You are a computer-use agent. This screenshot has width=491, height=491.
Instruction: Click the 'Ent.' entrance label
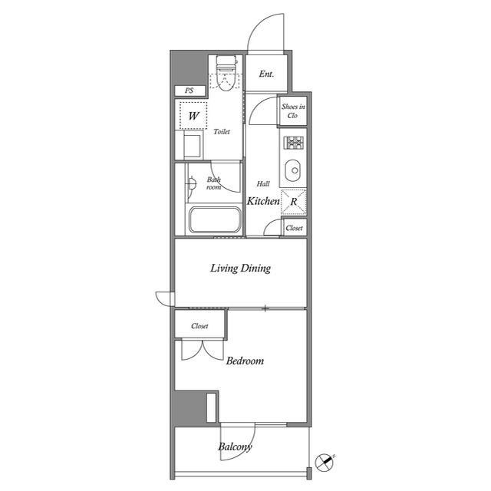point(266,74)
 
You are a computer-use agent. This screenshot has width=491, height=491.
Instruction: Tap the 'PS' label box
point(189,91)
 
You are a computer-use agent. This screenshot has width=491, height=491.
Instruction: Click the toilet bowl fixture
point(226,75)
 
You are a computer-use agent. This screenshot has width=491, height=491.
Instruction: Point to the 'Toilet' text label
point(222,132)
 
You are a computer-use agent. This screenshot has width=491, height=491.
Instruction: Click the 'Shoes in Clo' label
point(292,110)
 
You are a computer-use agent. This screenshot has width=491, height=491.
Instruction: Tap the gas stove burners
point(294,143)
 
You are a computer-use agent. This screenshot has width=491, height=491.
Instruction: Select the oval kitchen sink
point(293,169)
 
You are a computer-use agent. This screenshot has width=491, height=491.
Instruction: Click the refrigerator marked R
point(293,201)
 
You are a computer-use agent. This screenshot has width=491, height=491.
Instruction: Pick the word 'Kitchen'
point(262,201)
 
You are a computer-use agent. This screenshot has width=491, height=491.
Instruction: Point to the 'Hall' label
point(263,183)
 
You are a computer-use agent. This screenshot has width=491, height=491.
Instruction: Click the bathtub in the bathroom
point(215,221)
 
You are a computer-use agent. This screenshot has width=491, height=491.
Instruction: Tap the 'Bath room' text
point(213,183)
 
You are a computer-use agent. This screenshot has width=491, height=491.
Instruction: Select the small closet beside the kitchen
point(294,228)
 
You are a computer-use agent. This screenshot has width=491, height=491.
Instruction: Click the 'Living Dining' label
point(241,269)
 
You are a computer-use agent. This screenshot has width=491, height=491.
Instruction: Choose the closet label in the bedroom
point(199,326)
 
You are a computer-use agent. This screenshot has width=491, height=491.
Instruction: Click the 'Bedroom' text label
point(245,361)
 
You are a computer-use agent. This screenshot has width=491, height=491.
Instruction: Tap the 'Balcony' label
point(235,447)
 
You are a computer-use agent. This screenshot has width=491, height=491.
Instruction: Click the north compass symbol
point(325,463)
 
